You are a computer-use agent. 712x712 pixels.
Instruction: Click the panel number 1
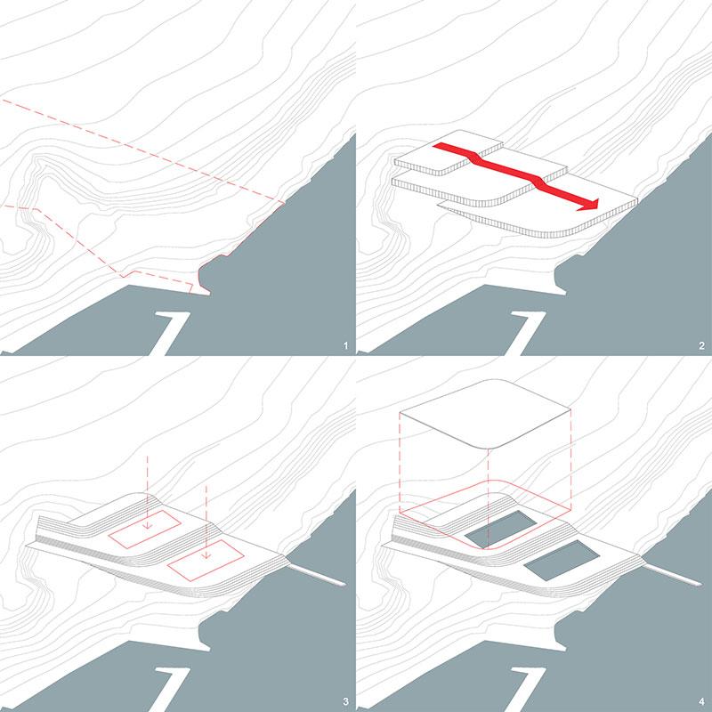click(x=346, y=346)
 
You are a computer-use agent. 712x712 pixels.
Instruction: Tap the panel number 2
click(x=702, y=346)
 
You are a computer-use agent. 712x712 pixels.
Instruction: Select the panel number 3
click(x=346, y=702)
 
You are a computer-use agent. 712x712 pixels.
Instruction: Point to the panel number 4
click(x=702, y=702)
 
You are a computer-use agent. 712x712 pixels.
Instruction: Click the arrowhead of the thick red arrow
click(x=589, y=205)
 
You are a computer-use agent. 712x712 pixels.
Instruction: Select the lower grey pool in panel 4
click(x=562, y=561)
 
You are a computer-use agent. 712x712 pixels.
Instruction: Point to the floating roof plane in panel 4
click(x=485, y=412)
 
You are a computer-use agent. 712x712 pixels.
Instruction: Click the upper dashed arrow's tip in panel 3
click(x=147, y=527)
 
